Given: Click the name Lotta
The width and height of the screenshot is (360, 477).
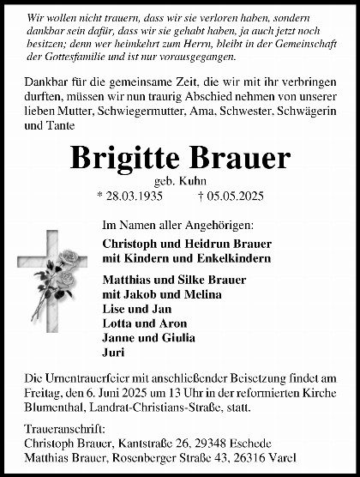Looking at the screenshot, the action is pyautogui.click(x=116, y=323).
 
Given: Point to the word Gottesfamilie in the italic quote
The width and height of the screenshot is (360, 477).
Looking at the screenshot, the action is pyautogui.click(x=63, y=57).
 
